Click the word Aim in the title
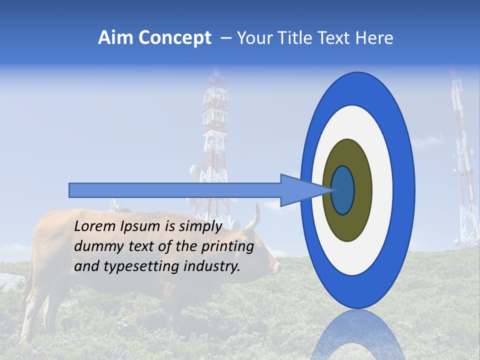tap(115, 38)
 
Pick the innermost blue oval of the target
tap(343, 190)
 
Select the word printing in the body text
tap(229, 246)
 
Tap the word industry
tap(212, 266)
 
